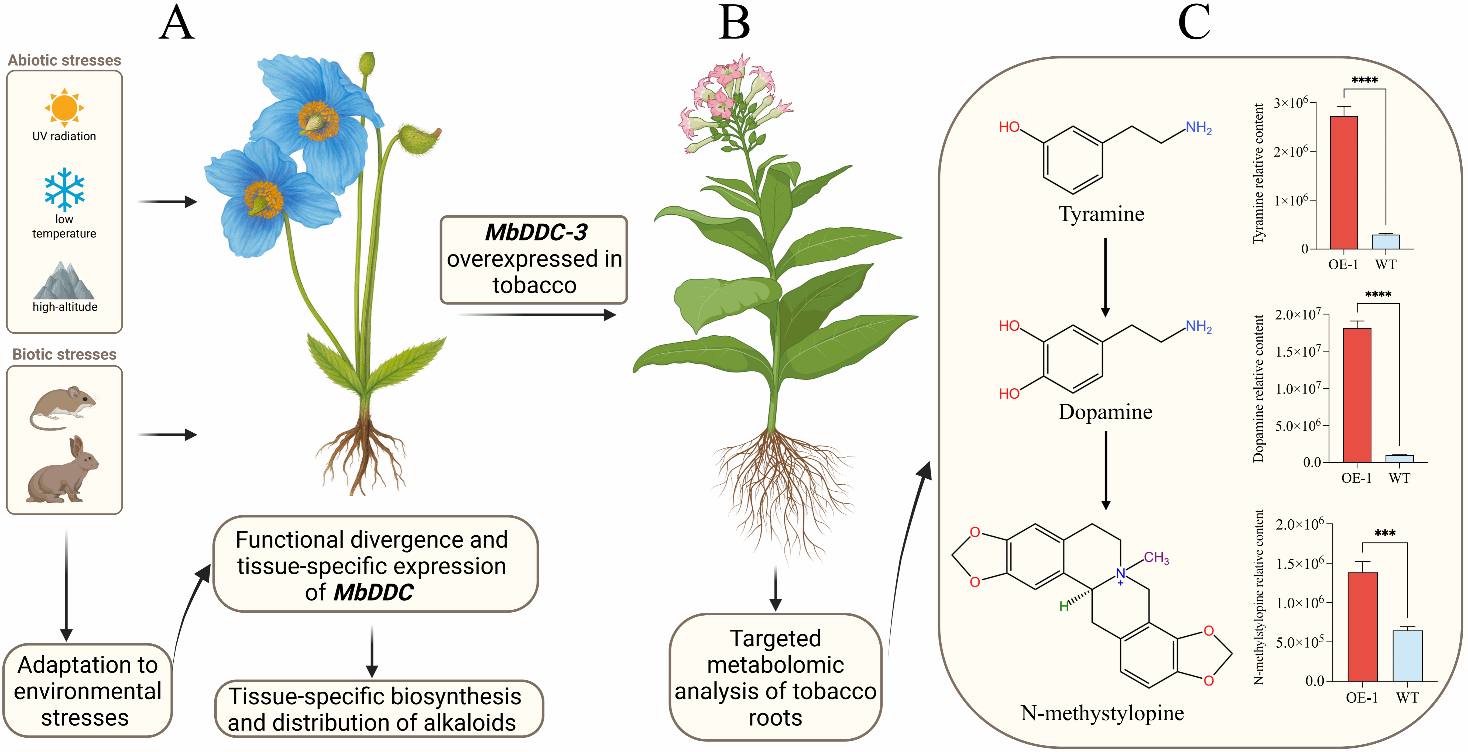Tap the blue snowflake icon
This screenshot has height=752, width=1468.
pyautogui.click(x=64, y=189)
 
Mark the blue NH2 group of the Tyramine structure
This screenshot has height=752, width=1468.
pyautogui.click(x=1198, y=127)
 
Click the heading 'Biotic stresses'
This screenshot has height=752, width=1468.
pyautogui.click(x=64, y=354)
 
